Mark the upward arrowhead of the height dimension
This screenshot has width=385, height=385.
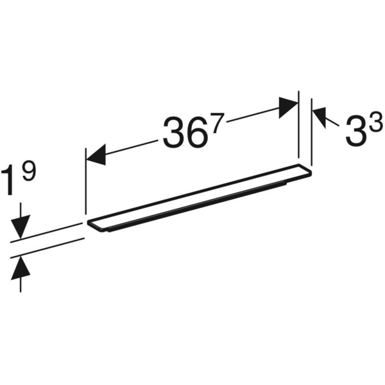click(21, 265)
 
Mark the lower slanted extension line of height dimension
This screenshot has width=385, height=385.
click(48, 247)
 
